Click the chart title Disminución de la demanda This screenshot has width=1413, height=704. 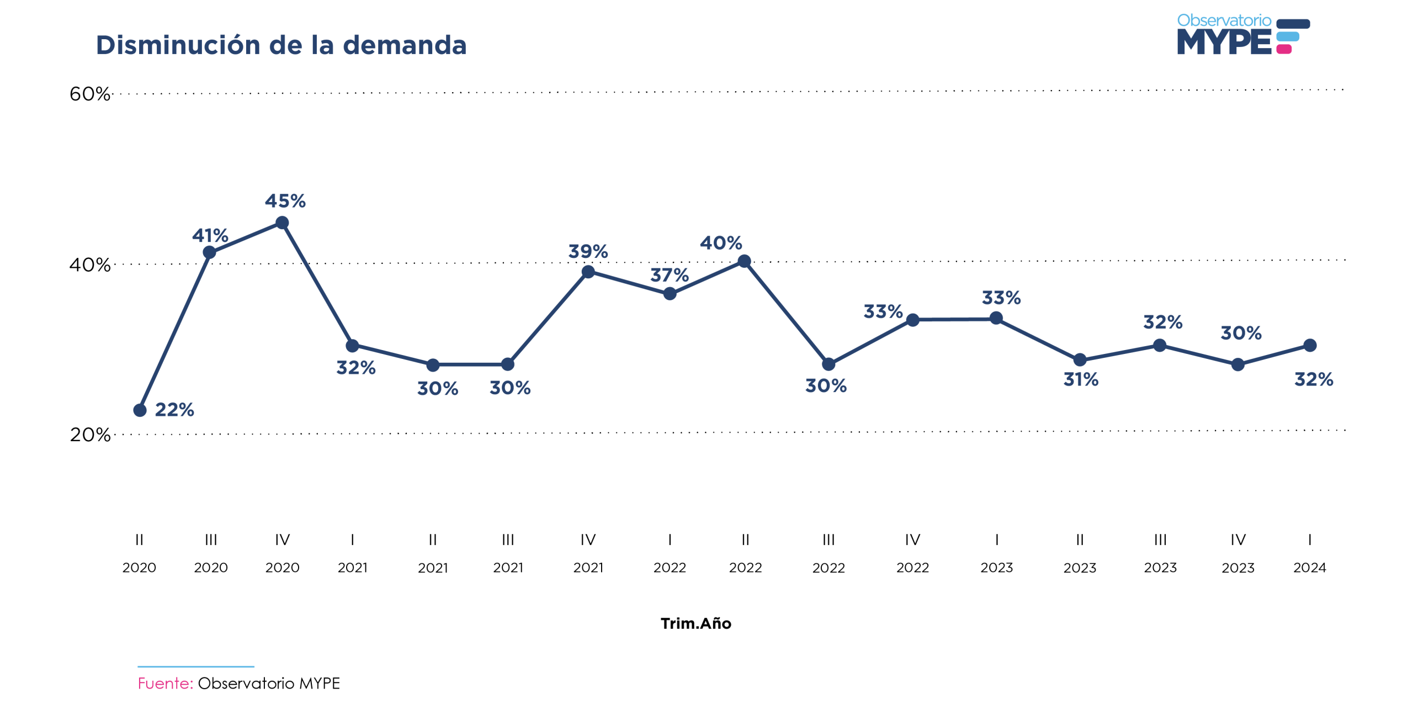tap(281, 45)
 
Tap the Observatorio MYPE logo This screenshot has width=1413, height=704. tap(1242, 35)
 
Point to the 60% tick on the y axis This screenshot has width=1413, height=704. tap(89, 94)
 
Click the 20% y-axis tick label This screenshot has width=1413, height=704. tap(89, 435)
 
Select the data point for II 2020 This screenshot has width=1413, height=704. tap(140, 410)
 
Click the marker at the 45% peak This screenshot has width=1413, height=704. tap(282, 223)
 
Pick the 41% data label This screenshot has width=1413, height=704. tap(210, 236)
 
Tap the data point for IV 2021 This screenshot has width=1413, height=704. tap(588, 272)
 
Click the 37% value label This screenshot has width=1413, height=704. tap(669, 275)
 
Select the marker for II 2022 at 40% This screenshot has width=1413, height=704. tap(744, 261)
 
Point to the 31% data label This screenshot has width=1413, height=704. tap(1080, 379)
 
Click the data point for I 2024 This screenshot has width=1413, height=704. tap(1310, 346)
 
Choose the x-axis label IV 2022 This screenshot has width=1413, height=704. tap(912, 553)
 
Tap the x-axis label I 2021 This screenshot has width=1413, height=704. tap(352, 553)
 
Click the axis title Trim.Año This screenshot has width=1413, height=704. tap(695, 623)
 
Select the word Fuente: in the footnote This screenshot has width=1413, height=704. tap(165, 683)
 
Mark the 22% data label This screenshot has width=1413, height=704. tap(174, 410)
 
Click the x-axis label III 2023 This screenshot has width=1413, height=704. tap(1160, 553)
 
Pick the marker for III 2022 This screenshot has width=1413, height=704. tap(828, 364)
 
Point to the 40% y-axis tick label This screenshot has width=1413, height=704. tap(89, 265)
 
